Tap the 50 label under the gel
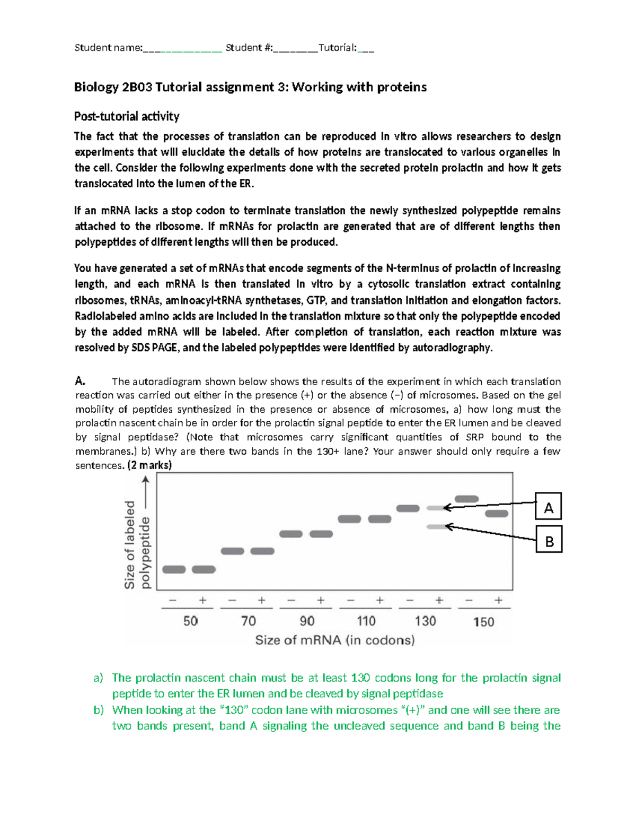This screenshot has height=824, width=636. [x=190, y=621]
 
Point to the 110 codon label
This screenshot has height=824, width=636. [x=366, y=621]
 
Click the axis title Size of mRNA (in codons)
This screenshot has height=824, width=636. [x=334, y=640]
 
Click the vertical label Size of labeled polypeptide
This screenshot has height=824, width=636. [x=137, y=545]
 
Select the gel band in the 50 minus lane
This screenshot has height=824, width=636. [x=174, y=569]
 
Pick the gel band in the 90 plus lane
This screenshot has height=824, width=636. [x=321, y=534]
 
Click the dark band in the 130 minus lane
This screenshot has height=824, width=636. [x=408, y=508]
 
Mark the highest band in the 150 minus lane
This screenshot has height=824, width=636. [x=466, y=499]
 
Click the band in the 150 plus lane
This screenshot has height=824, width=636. [x=497, y=513]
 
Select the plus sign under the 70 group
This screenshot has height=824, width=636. [x=261, y=600]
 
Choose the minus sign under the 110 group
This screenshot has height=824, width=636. [x=350, y=600]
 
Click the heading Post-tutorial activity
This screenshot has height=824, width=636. [x=127, y=116]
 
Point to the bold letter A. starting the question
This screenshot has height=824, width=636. [x=80, y=380]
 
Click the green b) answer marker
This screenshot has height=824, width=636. [x=99, y=710]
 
